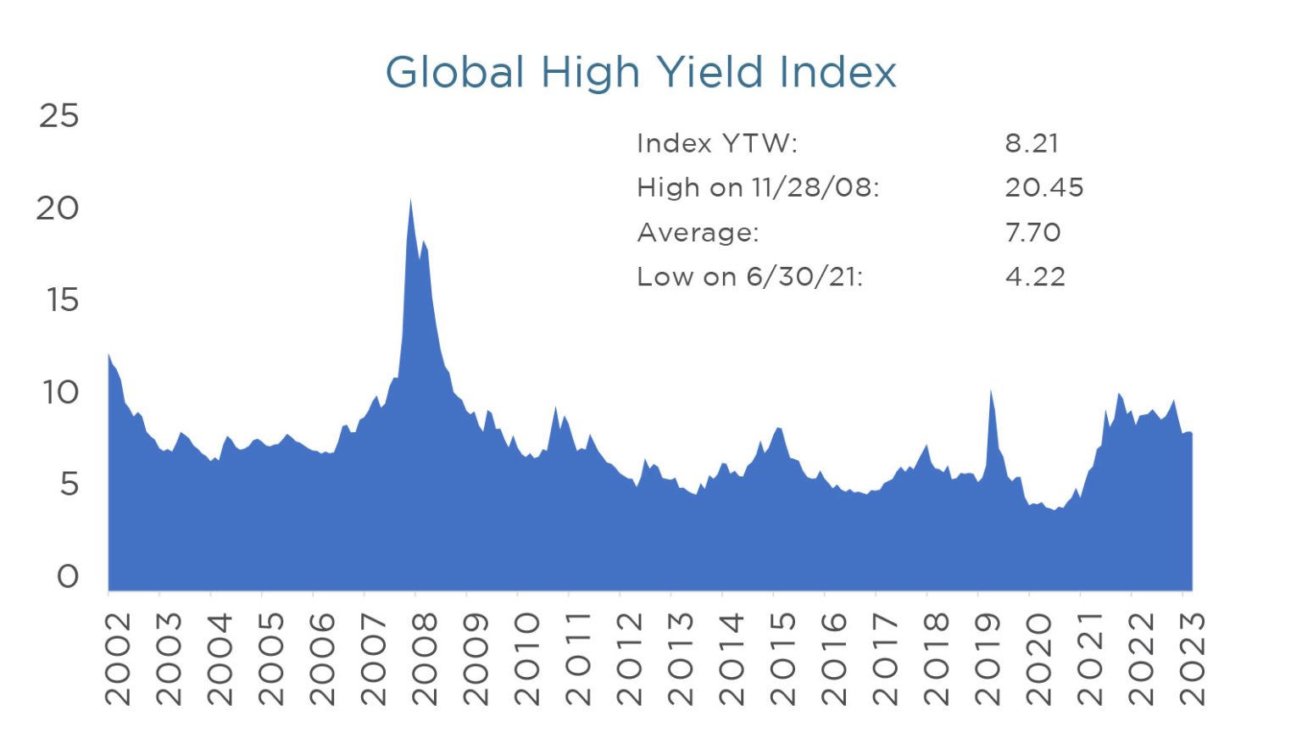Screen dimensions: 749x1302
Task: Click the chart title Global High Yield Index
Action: tap(641, 72)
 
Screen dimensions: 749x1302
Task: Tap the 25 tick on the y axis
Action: tap(58, 115)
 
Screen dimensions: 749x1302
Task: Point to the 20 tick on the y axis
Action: tap(57, 208)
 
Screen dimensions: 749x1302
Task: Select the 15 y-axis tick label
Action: tap(62, 300)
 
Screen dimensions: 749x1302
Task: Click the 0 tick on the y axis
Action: tap(68, 577)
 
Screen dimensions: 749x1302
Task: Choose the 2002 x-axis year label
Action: tap(118, 659)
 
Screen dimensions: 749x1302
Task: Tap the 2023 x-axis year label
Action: tap(1192, 659)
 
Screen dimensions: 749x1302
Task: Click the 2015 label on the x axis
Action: tap(782, 659)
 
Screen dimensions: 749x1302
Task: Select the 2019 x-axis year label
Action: tap(988, 659)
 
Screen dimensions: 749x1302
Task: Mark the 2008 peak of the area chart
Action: tap(411, 201)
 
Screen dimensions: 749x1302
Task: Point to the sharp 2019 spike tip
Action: tap(991, 391)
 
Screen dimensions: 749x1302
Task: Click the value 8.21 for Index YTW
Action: tap(1032, 143)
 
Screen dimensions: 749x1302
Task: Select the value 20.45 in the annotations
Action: tap(1044, 187)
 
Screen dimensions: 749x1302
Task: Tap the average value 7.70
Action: tap(1032, 232)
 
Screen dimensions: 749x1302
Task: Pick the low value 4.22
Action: tap(1035, 276)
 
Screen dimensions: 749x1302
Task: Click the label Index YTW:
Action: tap(717, 143)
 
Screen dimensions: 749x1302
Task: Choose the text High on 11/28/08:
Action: tap(758, 187)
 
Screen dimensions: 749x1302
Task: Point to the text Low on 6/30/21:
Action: tap(749, 276)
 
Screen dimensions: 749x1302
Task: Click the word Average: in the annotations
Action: tap(698, 232)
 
